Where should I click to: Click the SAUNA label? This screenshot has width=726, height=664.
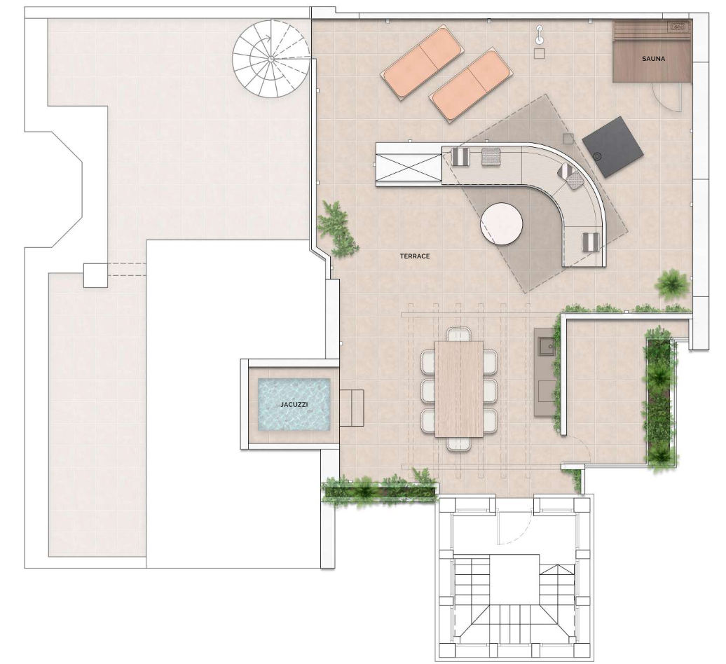(653, 59)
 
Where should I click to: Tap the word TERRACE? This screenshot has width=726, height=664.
(415, 256)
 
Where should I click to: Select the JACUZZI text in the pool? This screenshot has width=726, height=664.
(294, 404)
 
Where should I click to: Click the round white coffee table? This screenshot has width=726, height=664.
(502, 224)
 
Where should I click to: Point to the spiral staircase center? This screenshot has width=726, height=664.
(271, 59)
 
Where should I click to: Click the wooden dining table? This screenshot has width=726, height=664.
(459, 389)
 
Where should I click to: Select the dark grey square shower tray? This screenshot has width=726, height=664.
(612, 146)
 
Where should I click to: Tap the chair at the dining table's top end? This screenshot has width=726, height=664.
(459, 334)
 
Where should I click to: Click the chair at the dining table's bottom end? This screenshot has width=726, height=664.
(459, 444)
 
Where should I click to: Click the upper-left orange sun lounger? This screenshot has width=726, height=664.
(421, 62)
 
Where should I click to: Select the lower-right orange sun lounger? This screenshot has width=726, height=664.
(471, 87)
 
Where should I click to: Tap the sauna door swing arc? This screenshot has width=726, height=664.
(668, 99)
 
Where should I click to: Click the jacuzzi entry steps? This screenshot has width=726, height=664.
(351, 408)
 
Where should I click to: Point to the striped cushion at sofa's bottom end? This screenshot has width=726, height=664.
(590, 242)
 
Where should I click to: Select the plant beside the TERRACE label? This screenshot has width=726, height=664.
(338, 229)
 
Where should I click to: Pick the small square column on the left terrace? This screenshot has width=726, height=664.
(95, 275)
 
